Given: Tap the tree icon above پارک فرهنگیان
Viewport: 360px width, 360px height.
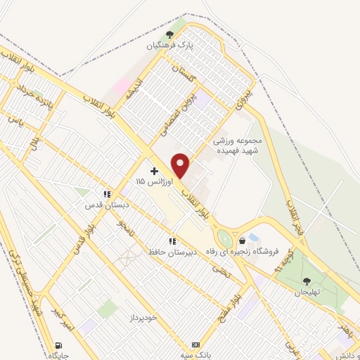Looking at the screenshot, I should coord(169,34).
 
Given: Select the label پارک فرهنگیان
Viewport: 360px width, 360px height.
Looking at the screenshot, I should coord(169,46).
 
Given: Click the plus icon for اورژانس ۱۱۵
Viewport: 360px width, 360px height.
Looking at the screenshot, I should coord(154,171).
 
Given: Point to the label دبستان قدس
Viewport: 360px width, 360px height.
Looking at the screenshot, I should coord(105,205).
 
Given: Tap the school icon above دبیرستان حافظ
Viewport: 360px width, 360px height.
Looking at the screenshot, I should coord(172,241).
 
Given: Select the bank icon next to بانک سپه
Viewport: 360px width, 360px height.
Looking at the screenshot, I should coord(195,345).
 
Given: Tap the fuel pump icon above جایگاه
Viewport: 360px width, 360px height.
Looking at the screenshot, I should coord(58,345).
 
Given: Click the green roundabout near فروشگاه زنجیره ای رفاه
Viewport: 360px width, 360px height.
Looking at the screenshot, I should coord(224,238).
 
